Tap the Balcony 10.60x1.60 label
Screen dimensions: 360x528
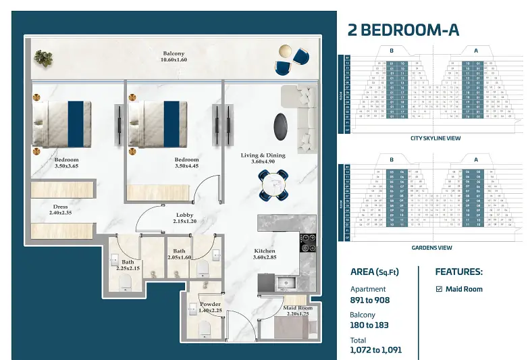pos(174,57)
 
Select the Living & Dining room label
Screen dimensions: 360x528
pos(263,159)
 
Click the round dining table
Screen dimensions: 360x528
pos(274,183)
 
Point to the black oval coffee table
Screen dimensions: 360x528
pos(279,125)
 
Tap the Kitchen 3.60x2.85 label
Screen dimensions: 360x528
pos(264,253)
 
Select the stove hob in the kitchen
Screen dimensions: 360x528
pos(307,240)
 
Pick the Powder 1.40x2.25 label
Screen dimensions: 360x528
pos(210,307)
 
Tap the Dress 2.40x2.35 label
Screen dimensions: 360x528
pos(59,210)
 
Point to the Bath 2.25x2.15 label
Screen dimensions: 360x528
pos(128,265)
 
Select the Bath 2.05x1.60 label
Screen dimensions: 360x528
pos(179,254)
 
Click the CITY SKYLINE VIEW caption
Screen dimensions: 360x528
pos(435,138)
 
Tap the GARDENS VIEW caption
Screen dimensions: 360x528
pos(431,248)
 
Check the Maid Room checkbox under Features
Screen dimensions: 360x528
pos(439,289)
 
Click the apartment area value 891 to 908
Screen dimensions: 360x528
pos(370,300)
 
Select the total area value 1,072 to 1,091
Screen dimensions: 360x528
pos(375,351)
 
